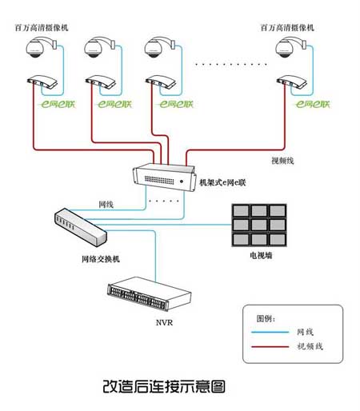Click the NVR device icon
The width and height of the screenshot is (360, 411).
[149, 293]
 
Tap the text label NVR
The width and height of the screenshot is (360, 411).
[164, 322]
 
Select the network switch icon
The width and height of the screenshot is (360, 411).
[81, 227]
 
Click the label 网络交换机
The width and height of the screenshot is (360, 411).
[101, 259]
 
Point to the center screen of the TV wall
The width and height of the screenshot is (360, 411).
[259, 225]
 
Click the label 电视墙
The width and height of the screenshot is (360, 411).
[261, 255]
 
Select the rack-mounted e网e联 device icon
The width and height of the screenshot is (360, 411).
[164, 178]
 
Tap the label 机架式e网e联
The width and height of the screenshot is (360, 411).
[222, 182]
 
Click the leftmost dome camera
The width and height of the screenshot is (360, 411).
[41, 47]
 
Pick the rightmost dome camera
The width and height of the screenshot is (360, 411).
[290, 47]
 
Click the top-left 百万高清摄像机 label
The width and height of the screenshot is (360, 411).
[42, 27]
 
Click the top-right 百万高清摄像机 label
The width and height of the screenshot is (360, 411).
[287, 27]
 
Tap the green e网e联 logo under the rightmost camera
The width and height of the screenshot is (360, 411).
[313, 104]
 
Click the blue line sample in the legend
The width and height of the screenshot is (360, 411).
[270, 332]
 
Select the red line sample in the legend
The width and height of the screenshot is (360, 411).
[270, 347]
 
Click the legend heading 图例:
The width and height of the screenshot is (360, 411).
[266, 318]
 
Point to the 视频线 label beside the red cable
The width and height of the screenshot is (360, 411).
[282, 161]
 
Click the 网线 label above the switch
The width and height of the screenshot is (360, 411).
[106, 205]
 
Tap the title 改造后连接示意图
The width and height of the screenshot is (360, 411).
[164, 386]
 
